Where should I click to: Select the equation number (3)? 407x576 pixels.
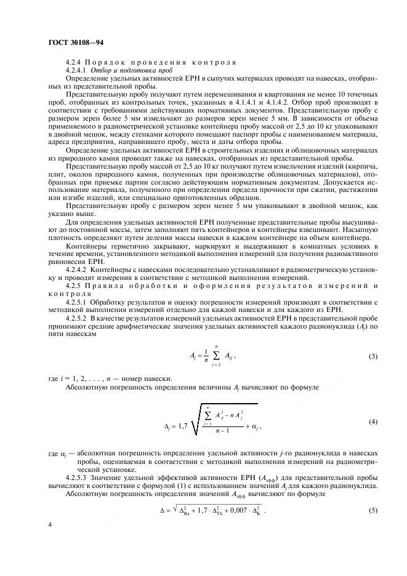pos(373,357)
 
